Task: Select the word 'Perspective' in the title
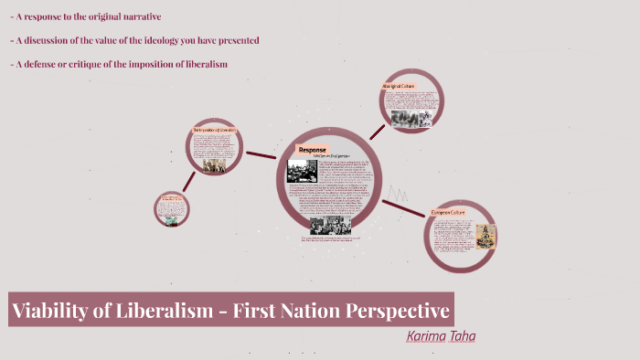point(398,311)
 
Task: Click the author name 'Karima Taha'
point(441,336)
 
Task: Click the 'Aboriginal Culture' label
point(399,87)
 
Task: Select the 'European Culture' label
point(448,212)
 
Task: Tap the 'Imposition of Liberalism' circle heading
point(215,130)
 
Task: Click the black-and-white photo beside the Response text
point(302,171)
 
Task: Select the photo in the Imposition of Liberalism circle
point(215,166)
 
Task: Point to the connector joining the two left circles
point(187,180)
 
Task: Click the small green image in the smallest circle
point(170,206)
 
